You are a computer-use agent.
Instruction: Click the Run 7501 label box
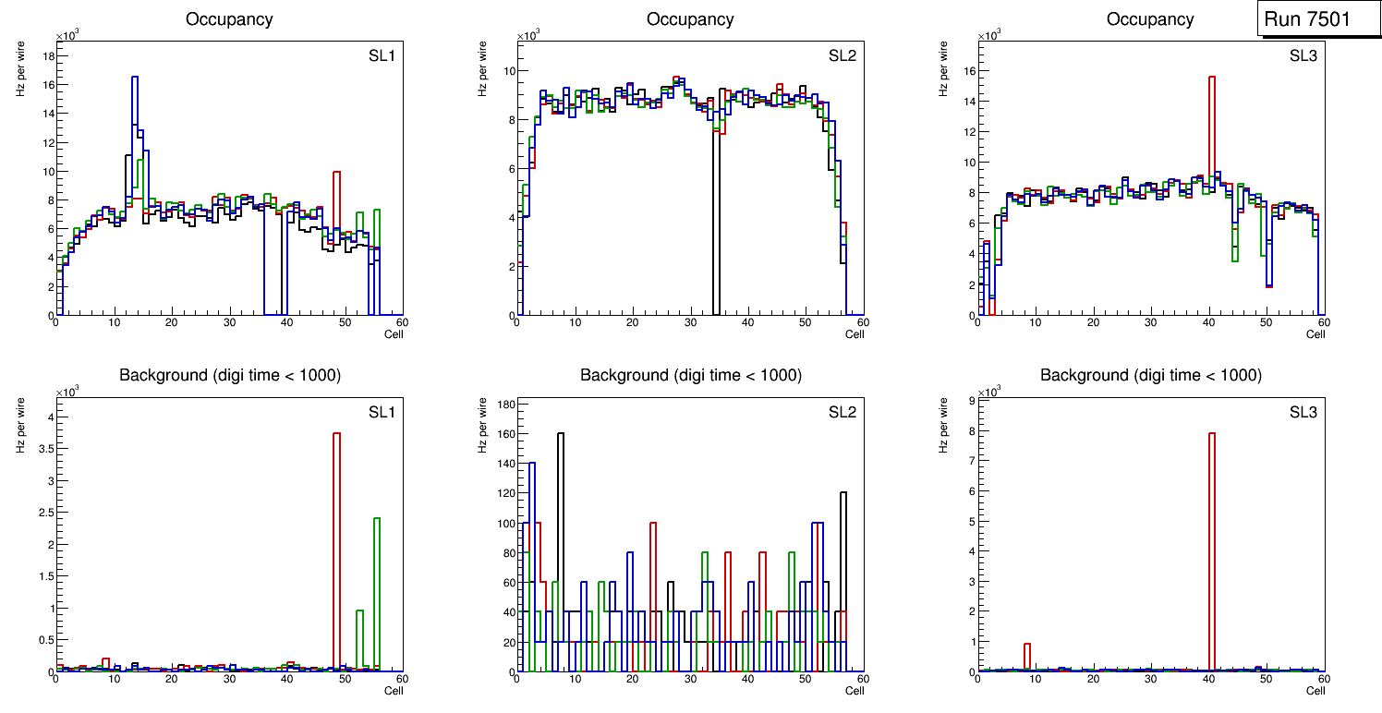pos(1318,19)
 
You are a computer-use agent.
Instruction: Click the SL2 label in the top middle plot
pos(842,55)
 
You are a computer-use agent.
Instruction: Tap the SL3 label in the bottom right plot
pos(1303,412)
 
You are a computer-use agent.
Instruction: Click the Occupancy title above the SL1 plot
pos(229,19)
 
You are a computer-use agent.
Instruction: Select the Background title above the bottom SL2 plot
pos(690,375)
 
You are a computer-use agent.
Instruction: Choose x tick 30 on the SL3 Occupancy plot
pos(1151,323)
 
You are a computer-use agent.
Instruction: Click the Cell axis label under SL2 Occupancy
pos(855,333)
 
